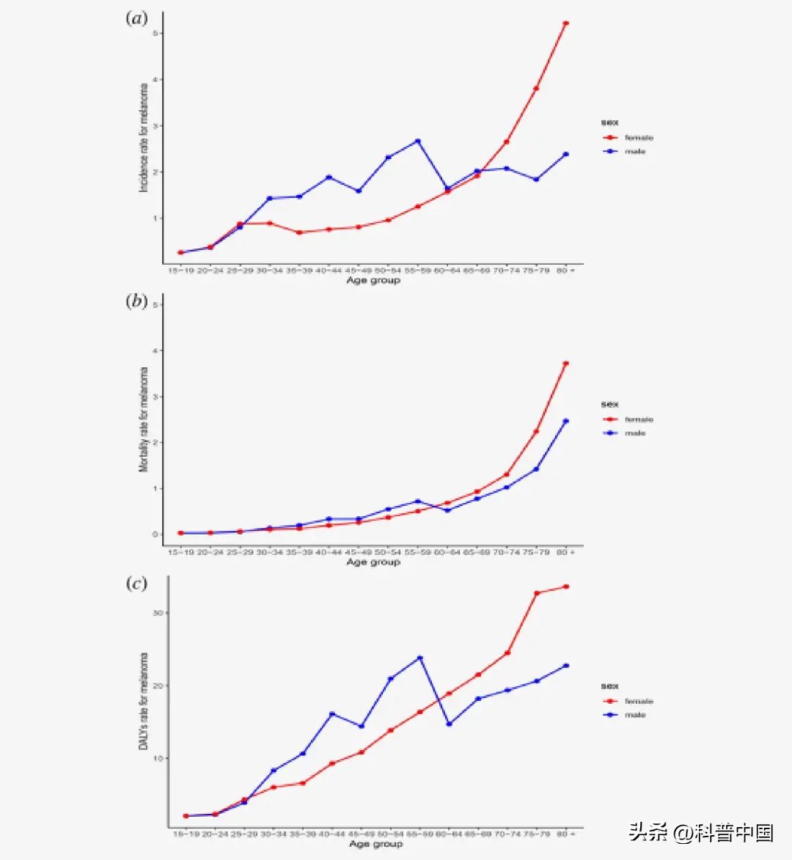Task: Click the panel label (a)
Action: [x=136, y=18]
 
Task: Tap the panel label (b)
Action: [x=136, y=301]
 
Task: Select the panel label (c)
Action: [x=136, y=583]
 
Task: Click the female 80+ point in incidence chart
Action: [x=565, y=23]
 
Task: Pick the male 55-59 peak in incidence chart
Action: [x=417, y=141]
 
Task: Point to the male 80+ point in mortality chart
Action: [x=565, y=421]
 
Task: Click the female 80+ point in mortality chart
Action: [x=565, y=364]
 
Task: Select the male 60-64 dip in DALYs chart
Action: [x=449, y=724]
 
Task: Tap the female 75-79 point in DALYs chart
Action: [x=536, y=593]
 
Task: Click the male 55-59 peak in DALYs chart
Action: [x=419, y=658]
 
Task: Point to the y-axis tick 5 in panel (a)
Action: [x=155, y=34]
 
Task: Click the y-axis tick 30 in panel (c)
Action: [x=157, y=613]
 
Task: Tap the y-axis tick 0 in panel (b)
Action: [x=155, y=534]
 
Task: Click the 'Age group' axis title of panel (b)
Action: [x=373, y=562]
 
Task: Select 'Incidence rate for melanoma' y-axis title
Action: [x=144, y=138]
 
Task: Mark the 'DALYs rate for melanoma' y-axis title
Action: [x=144, y=700]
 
